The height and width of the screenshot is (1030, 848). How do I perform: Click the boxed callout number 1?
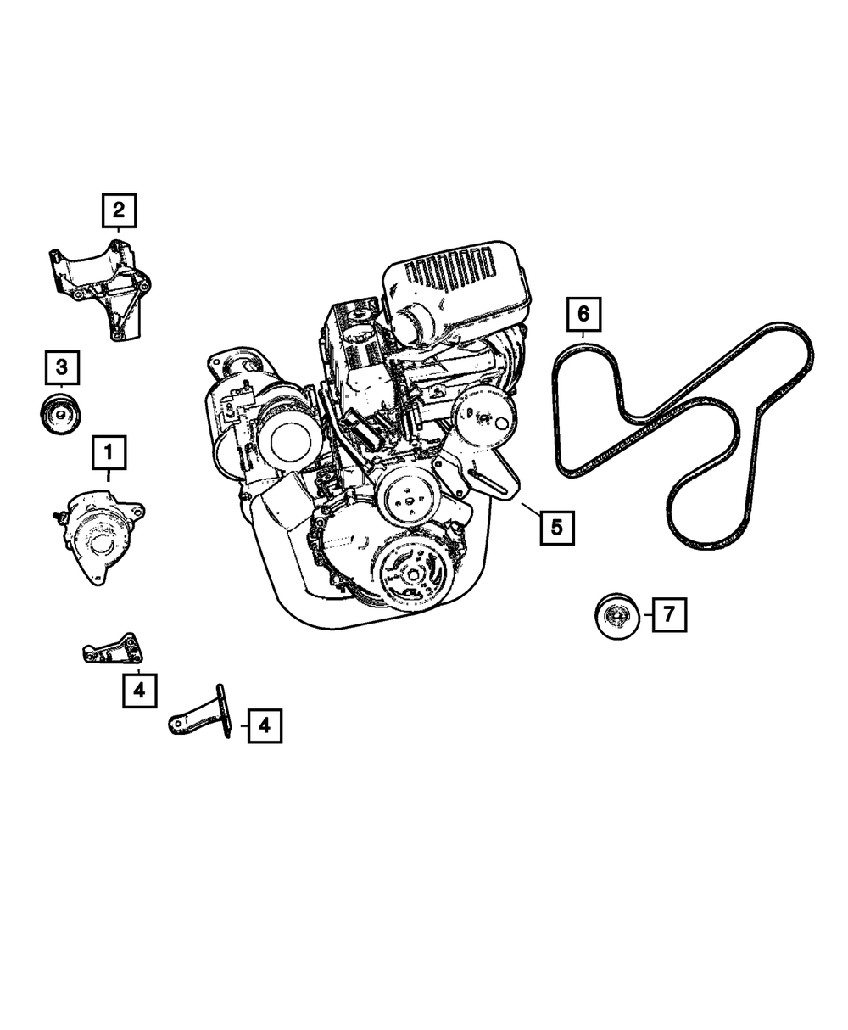(109, 452)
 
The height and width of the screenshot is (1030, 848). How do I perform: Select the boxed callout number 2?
(119, 210)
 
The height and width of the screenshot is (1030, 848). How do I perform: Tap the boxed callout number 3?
(62, 367)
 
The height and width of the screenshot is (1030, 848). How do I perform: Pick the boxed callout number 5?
(557, 528)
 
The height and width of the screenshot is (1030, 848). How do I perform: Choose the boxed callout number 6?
(583, 314)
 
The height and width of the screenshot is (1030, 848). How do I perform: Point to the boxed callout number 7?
(670, 614)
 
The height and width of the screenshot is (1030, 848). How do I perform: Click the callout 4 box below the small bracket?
(140, 691)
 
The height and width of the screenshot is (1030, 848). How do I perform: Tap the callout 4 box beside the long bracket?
(265, 725)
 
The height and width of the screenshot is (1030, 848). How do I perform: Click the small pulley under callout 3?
(61, 414)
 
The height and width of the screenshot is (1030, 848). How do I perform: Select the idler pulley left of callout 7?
(617, 616)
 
